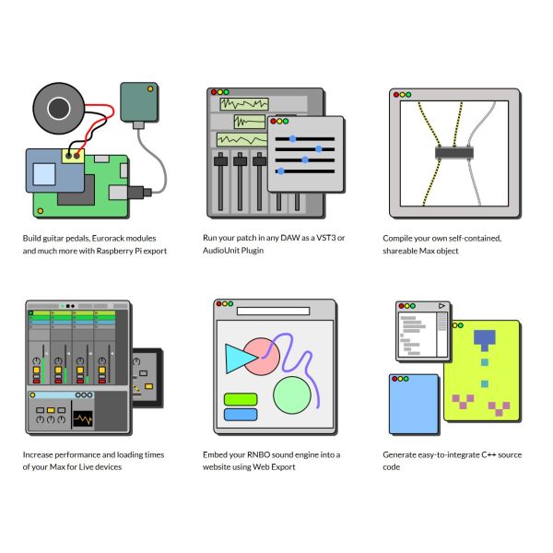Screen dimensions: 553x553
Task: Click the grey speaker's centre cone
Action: coord(59,108)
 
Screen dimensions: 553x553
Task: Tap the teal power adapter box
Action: coord(139,102)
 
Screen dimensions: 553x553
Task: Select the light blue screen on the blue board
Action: coord(44,174)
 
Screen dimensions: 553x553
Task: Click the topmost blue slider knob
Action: coord(293,139)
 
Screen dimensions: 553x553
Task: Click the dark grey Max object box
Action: coord(453,153)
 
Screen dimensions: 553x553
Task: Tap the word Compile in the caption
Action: coord(396,239)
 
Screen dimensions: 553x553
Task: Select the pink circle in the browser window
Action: coord(262,357)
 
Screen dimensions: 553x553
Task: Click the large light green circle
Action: coord(292,395)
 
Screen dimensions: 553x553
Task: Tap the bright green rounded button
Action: coord(241,399)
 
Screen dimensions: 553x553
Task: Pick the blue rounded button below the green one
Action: coord(241,415)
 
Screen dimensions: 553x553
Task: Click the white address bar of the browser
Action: coord(274,311)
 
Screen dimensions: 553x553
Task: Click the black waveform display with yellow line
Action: coord(83,419)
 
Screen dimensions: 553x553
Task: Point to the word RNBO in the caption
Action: coord(258,454)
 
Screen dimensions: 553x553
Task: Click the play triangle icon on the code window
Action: coord(441,306)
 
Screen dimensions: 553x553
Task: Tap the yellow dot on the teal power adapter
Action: coord(150,88)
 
